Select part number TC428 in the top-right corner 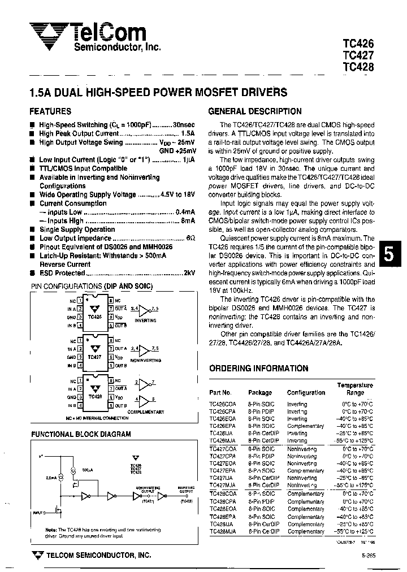(x=358, y=66)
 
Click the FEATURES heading (x=50, y=111)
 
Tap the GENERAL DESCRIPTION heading (x=255, y=111)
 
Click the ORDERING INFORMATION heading (x=258, y=368)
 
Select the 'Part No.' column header (x=220, y=392)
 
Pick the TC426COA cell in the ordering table (x=222, y=404)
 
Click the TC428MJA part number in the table (x=222, y=531)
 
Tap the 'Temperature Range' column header (x=355, y=388)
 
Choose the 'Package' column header (x=260, y=392)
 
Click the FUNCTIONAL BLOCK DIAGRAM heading (x=80, y=434)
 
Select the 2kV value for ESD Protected (x=189, y=272)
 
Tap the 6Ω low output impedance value (x=191, y=239)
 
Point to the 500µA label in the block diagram (x=86, y=469)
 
